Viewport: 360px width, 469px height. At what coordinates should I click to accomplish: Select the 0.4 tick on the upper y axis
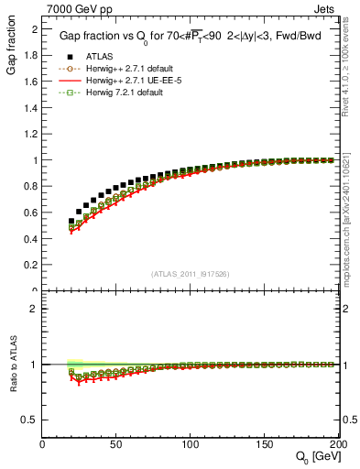[29, 239]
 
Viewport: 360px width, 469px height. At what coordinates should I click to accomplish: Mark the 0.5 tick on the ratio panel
[29, 420]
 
